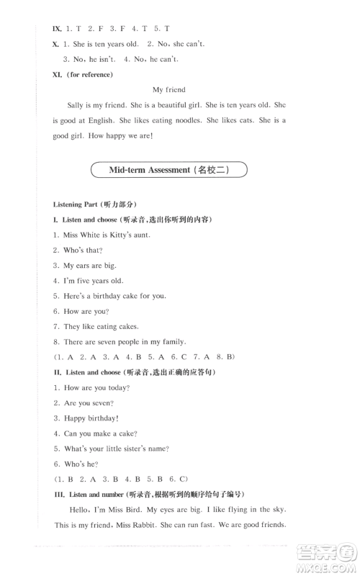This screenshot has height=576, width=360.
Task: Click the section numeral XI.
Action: coord(59,74)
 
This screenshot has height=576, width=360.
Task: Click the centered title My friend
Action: coord(169,89)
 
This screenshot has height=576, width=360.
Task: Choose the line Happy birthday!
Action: coord(91,418)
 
